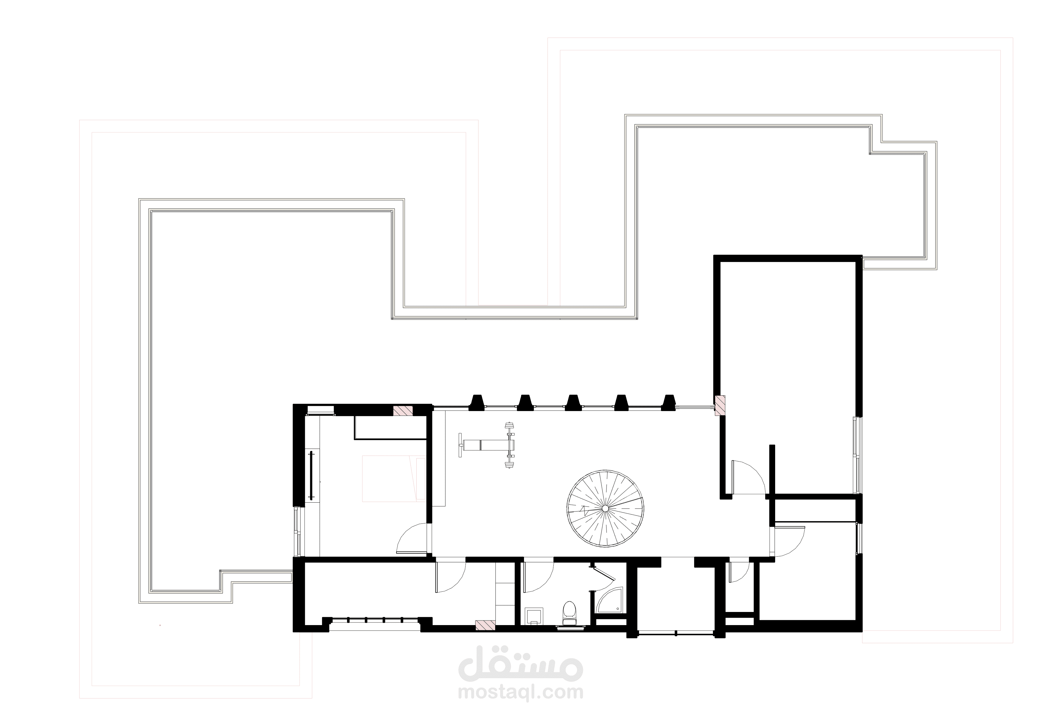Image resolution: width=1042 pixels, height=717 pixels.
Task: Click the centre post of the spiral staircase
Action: click(605, 508)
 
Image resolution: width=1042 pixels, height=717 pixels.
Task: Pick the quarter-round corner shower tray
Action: click(610, 601)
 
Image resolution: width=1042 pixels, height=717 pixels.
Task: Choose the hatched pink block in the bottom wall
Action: click(485, 625)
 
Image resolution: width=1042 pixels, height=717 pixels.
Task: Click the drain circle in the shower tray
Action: click(620, 610)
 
